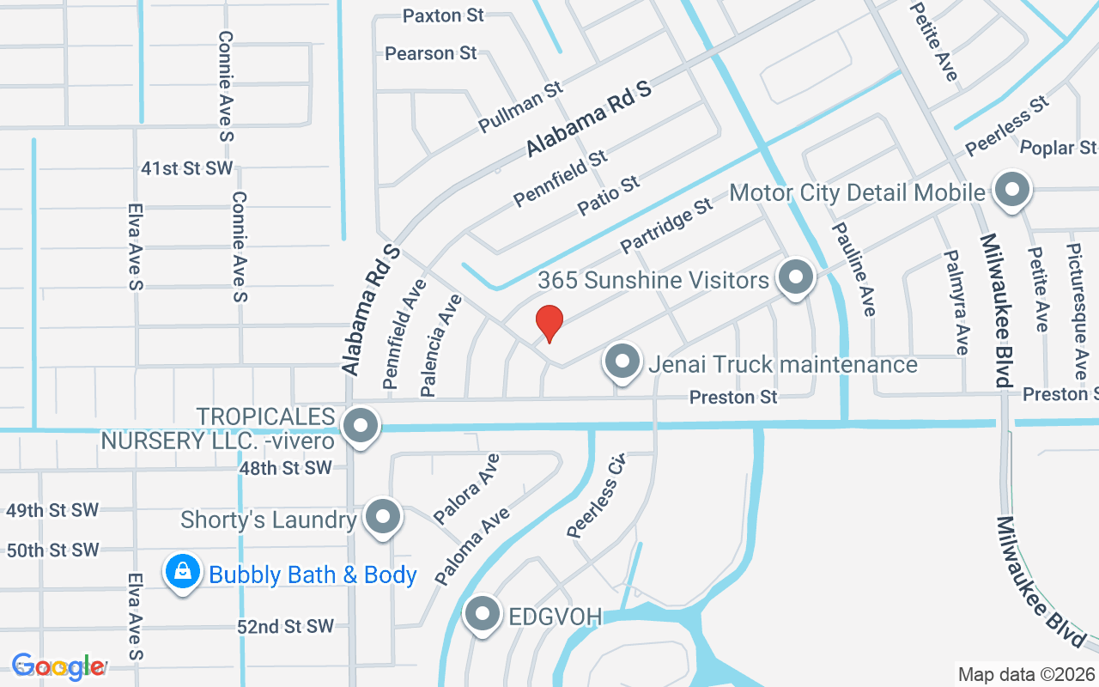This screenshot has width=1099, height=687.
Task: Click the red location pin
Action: (549, 323)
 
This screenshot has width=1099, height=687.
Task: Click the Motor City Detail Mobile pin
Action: (1011, 190)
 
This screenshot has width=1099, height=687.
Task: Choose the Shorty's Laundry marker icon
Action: (383, 517)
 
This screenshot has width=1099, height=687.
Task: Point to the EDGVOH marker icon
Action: (483, 614)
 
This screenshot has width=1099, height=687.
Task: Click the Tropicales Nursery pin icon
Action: (361, 425)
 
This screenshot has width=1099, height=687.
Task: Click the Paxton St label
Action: (444, 15)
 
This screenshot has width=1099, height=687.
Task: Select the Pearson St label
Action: (431, 53)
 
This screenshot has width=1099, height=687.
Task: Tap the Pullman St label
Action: (520, 107)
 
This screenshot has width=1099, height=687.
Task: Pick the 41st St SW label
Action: (187, 168)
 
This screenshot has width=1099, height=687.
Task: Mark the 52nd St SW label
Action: (285, 627)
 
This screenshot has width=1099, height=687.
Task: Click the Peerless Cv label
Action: (597, 495)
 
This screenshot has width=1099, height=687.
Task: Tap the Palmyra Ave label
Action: (956, 302)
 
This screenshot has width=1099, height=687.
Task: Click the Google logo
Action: (58, 666)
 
